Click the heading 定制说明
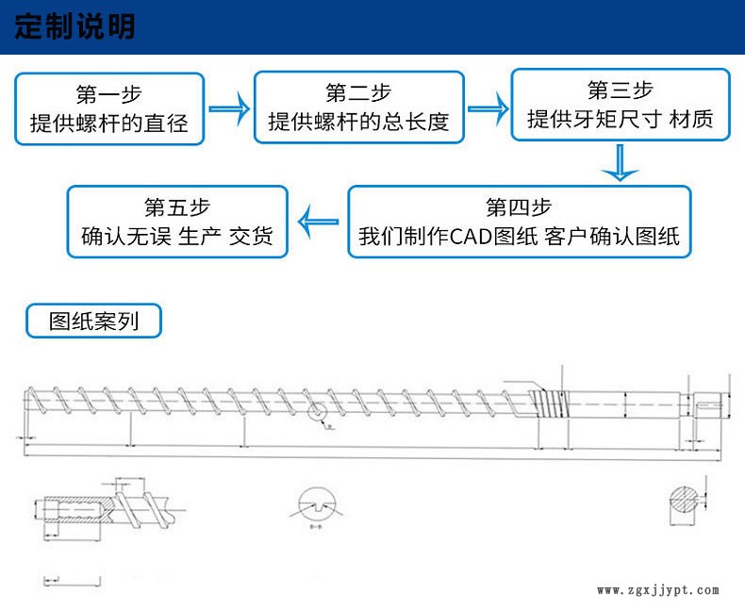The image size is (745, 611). [75, 26]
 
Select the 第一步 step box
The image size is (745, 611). [109, 108]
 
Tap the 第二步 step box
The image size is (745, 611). [359, 108]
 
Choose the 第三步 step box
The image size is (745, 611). [620, 105]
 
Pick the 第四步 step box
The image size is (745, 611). [519, 222]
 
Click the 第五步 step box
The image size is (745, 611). [177, 222]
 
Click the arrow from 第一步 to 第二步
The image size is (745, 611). [228, 108]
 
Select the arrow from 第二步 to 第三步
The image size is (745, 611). [488, 107]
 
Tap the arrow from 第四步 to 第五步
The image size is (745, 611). [318, 222]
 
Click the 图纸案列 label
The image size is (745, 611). [93, 321]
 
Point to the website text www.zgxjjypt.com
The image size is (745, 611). [658, 590]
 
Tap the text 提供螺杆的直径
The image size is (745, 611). [109, 123]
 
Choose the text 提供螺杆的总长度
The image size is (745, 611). [359, 123]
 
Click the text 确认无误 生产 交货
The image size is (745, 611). [177, 237]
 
